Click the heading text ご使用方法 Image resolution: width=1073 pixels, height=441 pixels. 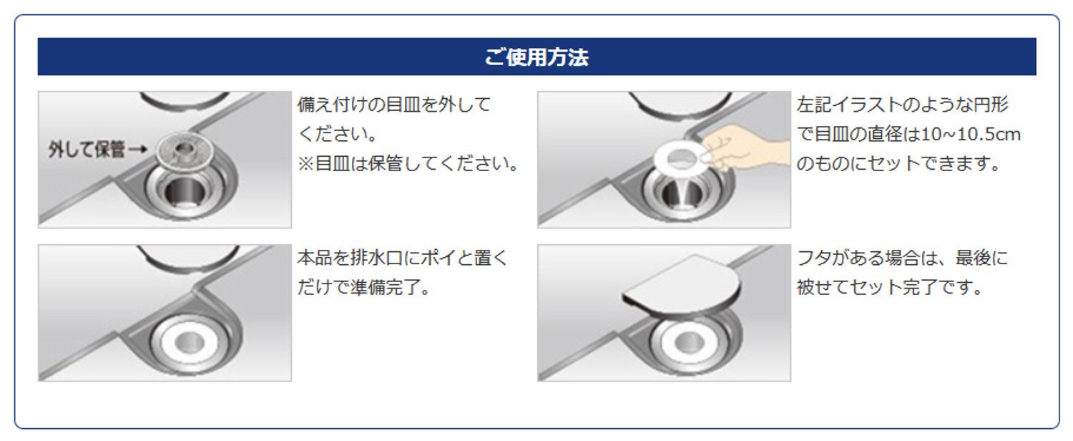(536, 57)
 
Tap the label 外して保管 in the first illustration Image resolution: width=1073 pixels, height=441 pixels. (87, 150)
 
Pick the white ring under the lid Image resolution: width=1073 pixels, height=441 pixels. (689, 341)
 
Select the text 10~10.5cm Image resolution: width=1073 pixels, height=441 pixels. (971, 134)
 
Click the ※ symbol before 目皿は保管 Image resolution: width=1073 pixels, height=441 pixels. (305, 163)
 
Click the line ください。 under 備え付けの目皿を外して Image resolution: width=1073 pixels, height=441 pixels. (338, 134)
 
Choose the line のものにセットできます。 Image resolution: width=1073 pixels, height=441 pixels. (898, 164)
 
